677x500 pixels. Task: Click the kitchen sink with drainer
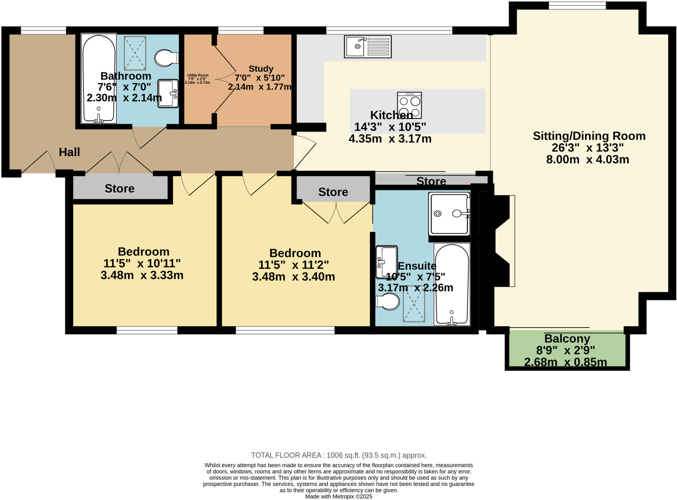click(x=368, y=47)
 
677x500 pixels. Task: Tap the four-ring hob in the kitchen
click(x=409, y=105)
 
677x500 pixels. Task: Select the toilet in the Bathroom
click(x=166, y=58)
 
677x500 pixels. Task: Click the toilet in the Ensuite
click(x=388, y=302)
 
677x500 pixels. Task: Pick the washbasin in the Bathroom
click(x=168, y=93)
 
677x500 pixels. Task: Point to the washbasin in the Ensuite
click(x=386, y=262)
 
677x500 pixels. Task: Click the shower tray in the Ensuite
click(x=449, y=214)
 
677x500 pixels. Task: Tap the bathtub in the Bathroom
click(x=99, y=78)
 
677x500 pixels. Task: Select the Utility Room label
click(x=198, y=75)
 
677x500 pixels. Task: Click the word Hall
click(x=69, y=152)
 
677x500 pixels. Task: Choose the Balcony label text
click(x=567, y=339)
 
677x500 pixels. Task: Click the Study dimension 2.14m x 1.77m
click(x=259, y=87)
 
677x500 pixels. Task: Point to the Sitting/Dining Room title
click(x=589, y=136)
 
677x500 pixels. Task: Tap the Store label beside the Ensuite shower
click(x=431, y=181)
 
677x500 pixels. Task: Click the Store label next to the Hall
click(x=119, y=188)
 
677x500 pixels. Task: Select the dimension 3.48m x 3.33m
click(x=142, y=275)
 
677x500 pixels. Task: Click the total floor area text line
click(x=338, y=455)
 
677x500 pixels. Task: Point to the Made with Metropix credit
click(x=338, y=496)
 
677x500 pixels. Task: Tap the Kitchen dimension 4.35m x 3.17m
click(x=390, y=139)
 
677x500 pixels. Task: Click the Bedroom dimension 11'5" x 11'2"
click(x=293, y=265)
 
